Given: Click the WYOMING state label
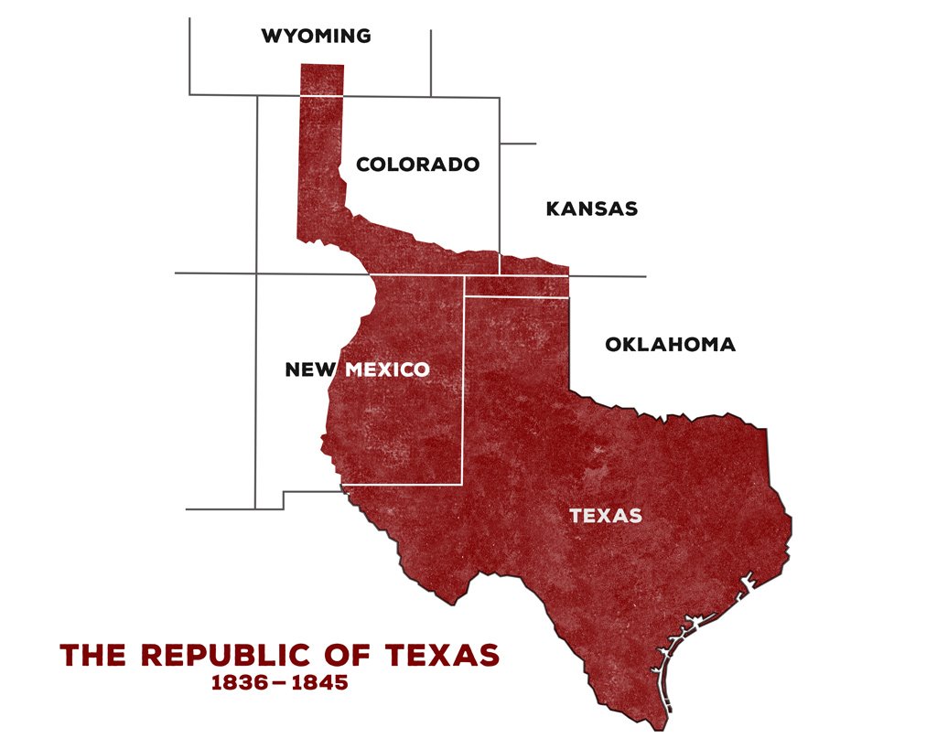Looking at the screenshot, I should pos(316,37).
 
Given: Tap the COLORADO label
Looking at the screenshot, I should pos(417,165).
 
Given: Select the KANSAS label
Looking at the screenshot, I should pos(591,209).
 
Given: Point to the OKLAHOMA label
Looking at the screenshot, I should pos(670,345).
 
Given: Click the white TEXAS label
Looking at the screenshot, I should pos(606,516).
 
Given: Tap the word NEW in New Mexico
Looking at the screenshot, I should pos(311,370).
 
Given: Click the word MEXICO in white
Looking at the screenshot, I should pos(387,370).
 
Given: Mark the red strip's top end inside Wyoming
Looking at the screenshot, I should pos(322,79).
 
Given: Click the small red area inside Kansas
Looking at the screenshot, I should pos(533,264).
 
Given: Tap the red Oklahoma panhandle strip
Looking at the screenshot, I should pos(516,285).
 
